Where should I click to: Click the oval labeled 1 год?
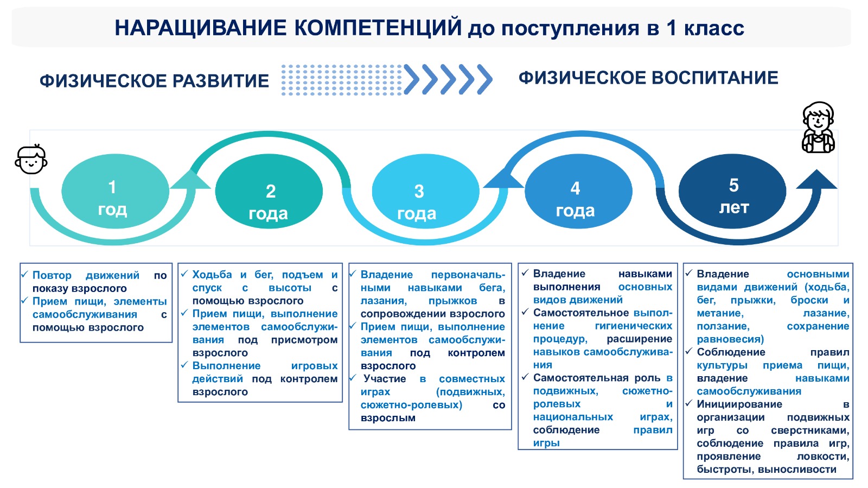pos(115,191)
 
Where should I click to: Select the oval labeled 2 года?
pos(269,191)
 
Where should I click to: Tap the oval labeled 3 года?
pos(425,191)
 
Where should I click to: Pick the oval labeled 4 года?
pos(578,191)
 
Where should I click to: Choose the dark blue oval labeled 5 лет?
pos(732,191)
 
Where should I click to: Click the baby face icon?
pos(31,159)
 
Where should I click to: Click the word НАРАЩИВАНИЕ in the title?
pos(201,28)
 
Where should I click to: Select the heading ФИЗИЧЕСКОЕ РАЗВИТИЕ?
pos(154,81)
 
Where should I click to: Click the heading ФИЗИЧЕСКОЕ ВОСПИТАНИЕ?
pos(648,78)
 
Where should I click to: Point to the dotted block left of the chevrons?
pos(342,80)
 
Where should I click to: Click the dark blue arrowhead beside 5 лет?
pos(816,179)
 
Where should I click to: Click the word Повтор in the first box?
pos(52,275)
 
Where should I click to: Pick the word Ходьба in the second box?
pos(212,275)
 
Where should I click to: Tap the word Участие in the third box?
pos(385,379)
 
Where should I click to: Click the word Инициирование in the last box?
pos(739,404)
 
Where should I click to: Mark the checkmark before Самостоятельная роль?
pos(525,376)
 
